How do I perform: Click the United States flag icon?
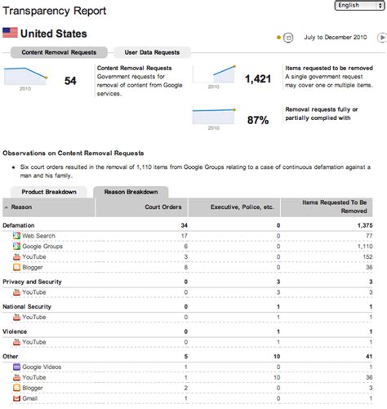pos(11,33)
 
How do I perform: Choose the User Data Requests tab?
pos(152,52)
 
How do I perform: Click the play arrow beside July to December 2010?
pos(382,36)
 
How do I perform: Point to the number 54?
pos(70,80)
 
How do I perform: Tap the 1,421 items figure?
pos(257,78)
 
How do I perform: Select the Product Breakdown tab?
pos(48,192)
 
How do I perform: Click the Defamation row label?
pos(19,225)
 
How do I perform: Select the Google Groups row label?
pos(41,246)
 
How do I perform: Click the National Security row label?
pos(27,306)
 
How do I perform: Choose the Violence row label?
pos(16,331)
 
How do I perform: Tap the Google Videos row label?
pos(42,368)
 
